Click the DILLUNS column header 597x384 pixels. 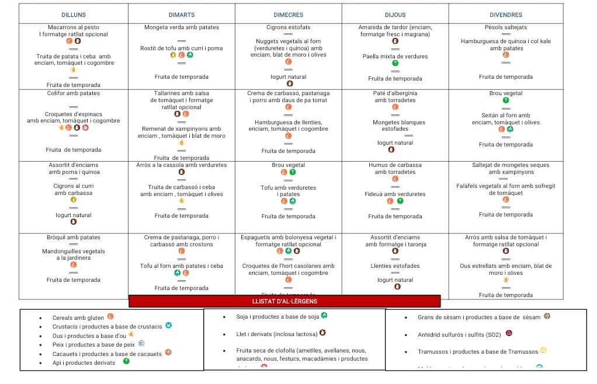tap(73, 15)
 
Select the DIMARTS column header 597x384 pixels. tap(182, 15)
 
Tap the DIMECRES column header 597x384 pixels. tap(289, 15)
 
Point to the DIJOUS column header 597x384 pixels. tap(395, 15)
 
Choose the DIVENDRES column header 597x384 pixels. tap(506, 15)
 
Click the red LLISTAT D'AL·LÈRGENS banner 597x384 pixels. tap(284, 301)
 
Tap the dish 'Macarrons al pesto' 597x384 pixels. tap(74, 27)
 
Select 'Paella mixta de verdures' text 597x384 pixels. tap(395, 57)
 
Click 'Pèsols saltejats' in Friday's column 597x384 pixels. tap(506, 27)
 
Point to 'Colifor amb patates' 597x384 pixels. tap(74, 93)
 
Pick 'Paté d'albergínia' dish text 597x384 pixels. tap(395, 93)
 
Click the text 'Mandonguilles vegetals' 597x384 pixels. tap(74, 252)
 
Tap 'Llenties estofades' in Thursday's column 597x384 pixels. tap(395, 266)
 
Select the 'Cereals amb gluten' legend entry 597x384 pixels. tap(78, 318)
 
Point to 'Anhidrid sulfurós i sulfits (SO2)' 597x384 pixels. tap(459, 335)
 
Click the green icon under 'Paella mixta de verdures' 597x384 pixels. tap(395, 63)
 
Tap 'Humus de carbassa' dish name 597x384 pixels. tap(395, 165)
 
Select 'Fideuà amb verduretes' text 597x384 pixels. tap(395, 194)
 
